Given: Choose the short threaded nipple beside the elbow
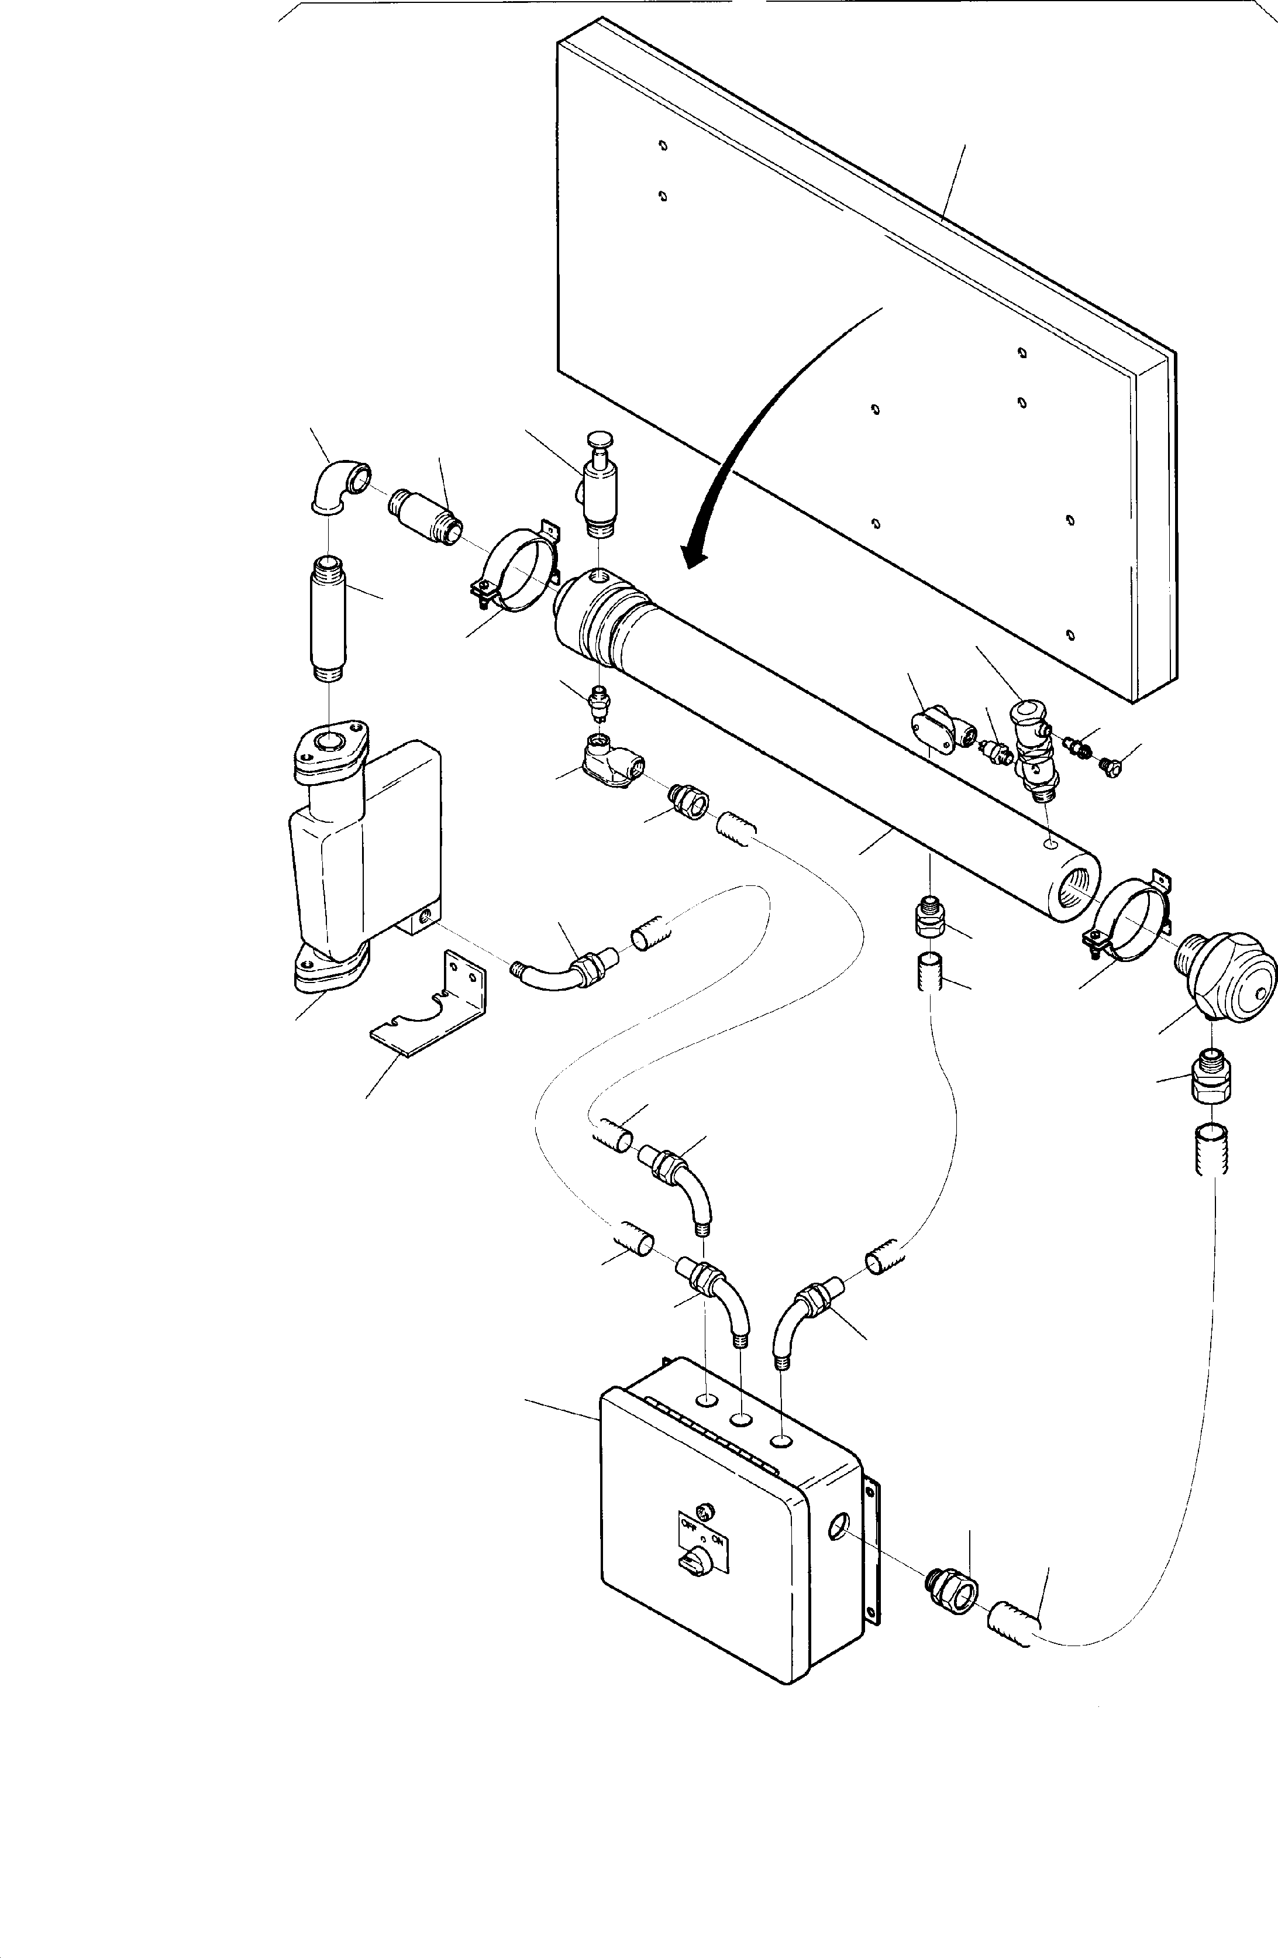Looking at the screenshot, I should coord(423,515).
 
